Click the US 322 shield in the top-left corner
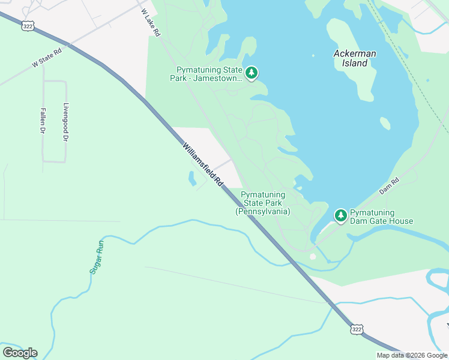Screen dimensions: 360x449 pos(27,26)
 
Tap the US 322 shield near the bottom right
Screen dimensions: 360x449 pos(357,329)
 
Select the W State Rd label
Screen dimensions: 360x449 pos(47,58)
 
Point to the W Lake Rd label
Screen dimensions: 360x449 pos(151,23)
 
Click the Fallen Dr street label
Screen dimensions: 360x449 pos(43,121)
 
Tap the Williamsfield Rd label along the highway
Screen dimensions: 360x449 pos(203,164)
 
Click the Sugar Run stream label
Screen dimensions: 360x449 pos(97,257)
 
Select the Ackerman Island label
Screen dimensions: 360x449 pos(355,58)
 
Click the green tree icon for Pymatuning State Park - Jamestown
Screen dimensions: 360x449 pos(252,74)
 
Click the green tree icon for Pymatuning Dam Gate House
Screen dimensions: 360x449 pos(340,215)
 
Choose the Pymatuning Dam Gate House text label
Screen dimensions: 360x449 pos(381,217)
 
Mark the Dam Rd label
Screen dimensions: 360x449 pos(389,185)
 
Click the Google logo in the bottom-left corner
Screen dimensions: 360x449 pos(20,352)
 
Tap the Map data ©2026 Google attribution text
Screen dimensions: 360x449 pos(412,355)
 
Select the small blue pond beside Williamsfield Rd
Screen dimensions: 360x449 pos(192,178)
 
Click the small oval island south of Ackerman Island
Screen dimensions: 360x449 pos(385,123)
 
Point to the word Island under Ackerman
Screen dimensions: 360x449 pos(359,63)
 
